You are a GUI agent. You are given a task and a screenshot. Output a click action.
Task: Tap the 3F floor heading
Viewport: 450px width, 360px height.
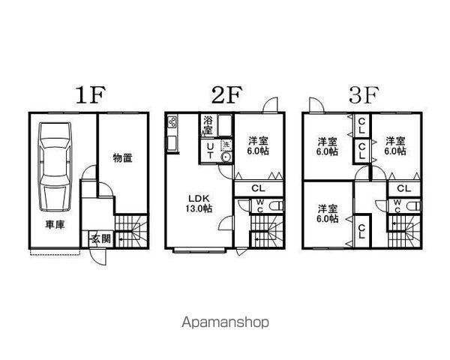(364, 95)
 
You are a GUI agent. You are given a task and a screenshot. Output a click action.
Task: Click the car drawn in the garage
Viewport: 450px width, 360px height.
(55, 166)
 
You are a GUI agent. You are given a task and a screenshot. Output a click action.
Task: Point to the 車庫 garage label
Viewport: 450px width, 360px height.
(55, 225)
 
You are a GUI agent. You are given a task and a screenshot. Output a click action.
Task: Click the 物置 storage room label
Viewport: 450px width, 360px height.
(123, 157)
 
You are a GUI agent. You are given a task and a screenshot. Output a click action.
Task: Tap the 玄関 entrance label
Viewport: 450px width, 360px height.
(101, 238)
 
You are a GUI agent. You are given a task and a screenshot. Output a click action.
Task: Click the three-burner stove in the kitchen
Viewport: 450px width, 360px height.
(172, 122)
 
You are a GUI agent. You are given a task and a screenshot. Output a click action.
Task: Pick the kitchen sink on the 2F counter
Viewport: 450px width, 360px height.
(172, 142)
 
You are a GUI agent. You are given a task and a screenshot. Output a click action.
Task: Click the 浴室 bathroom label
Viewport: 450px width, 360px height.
(208, 125)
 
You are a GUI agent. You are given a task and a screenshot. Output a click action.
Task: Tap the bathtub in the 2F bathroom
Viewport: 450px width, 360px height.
(225, 125)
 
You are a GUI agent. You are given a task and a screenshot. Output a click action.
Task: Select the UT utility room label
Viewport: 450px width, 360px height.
(210, 151)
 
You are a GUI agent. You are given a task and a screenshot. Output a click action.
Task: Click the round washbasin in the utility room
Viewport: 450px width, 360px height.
(226, 157)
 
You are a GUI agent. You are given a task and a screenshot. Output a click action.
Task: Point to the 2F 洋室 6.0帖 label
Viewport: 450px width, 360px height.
(258, 145)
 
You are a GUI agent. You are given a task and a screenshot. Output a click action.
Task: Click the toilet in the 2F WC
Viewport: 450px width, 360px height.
(276, 206)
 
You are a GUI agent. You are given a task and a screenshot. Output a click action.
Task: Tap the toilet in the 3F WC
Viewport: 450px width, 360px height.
(413, 206)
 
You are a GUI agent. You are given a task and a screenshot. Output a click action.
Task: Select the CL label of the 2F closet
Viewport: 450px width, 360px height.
(258, 188)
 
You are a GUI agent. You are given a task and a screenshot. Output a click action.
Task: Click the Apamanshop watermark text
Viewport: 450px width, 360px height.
(226, 322)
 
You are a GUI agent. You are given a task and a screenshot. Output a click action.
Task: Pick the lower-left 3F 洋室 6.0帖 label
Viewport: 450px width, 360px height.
(327, 213)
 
